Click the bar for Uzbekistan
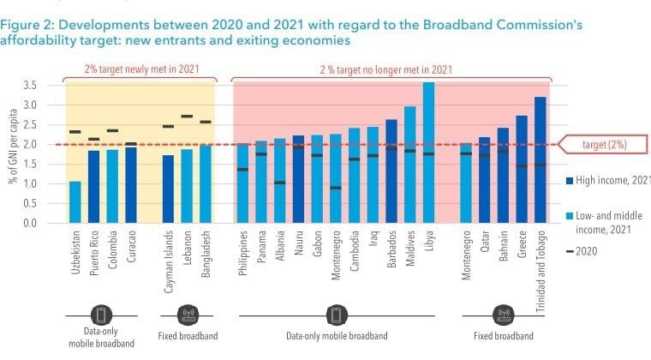pyautogui.click(x=75, y=201)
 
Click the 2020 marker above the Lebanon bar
pyautogui.click(x=187, y=116)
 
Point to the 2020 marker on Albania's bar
pyautogui.click(x=280, y=183)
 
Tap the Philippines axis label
pyautogui.click(x=243, y=253)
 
